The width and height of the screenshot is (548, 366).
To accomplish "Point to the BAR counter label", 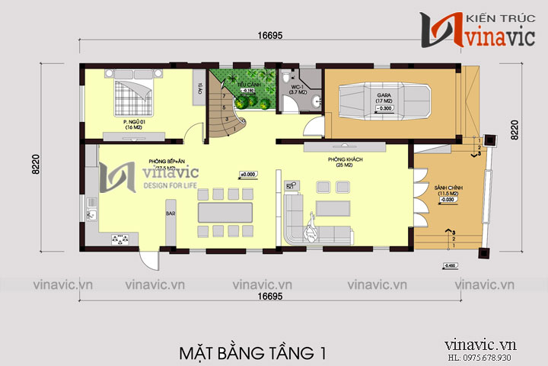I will click(x=170, y=214).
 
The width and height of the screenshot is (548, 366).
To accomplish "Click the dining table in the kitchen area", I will click(x=225, y=210).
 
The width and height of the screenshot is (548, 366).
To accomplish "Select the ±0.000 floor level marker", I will click(x=248, y=174).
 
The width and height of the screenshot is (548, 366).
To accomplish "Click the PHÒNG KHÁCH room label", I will click(x=341, y=161).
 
